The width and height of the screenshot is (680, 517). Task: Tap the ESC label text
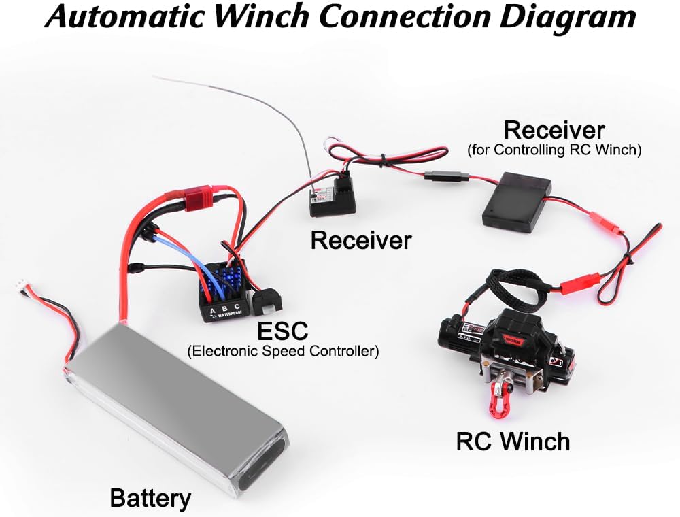(x=282, y=331)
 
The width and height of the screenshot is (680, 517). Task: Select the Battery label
(x=150, y=499)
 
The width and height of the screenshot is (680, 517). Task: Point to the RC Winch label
(x=513, y=441)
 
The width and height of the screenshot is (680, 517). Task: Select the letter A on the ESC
(x=212, y=311)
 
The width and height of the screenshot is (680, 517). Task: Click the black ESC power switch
(x=267, y=300)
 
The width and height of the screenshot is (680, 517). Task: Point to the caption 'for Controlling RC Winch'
(x=554, y=150)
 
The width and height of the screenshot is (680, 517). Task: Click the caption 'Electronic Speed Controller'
(x=283, y=350)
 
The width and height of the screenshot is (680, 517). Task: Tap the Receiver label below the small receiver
(x=361, y=240)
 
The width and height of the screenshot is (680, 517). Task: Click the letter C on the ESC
(x=237, y=306)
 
